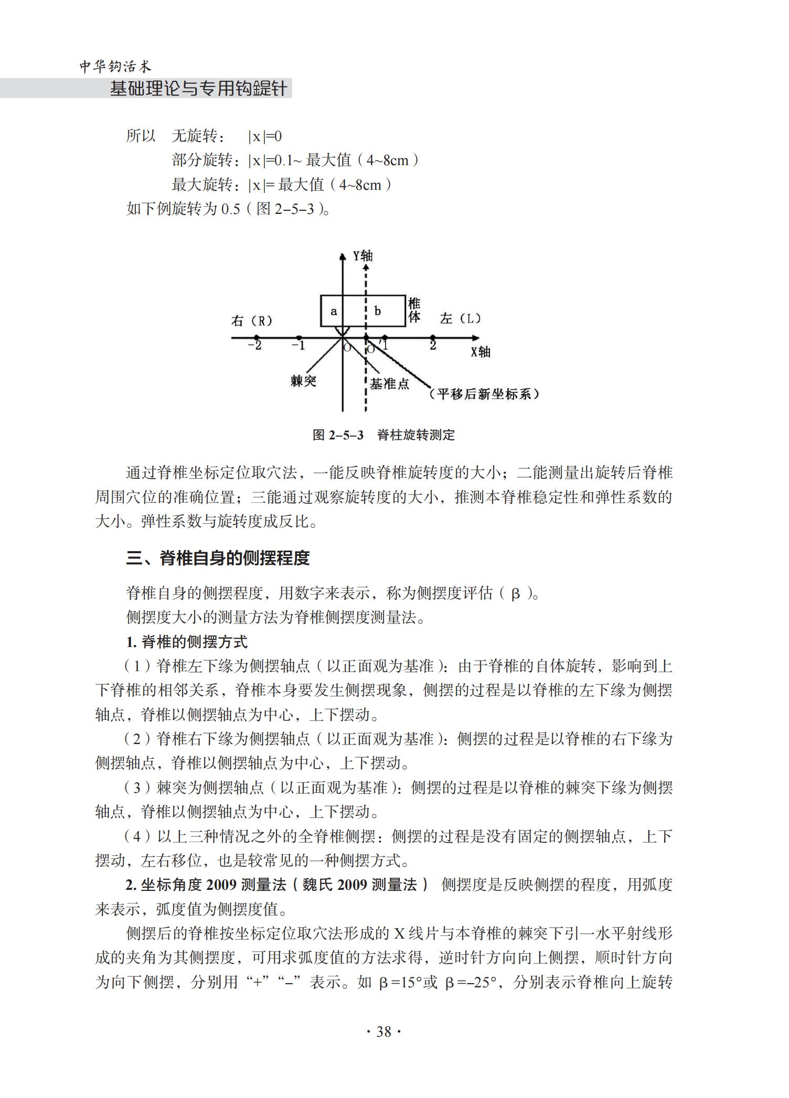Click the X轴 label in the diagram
480,352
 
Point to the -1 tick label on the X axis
298,346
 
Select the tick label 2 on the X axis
433,346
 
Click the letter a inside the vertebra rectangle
334,311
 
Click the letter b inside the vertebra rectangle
378,311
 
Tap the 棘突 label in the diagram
304,381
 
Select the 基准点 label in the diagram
389,384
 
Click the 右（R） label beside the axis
252,321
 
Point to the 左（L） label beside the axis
461,318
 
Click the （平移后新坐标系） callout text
483,394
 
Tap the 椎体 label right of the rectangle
414,310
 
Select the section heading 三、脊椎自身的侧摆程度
218,558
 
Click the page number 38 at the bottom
383,1032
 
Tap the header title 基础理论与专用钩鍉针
198,89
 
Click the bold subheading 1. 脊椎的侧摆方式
186,642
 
